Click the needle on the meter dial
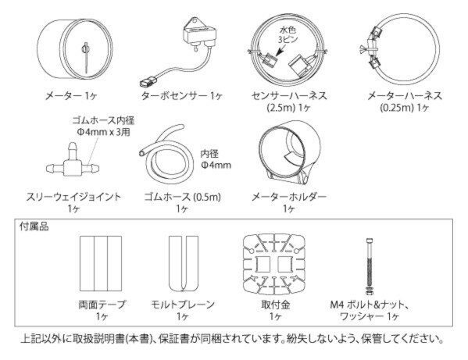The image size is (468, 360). click(x=86, y=57)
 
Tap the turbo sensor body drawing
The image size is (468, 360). click(x=198, y=34)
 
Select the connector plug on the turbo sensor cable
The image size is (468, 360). click(x=149, y=81)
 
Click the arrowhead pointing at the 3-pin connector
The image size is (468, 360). click(x=278, y=53)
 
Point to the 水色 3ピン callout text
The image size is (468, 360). click(x=288, y=34)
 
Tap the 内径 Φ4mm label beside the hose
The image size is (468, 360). click(x=216, y=159)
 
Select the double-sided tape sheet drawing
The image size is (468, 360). click(x=101, y=263)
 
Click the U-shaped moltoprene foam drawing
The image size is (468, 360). click(x=184, y=264)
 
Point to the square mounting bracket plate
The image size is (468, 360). click(x=274, y=264)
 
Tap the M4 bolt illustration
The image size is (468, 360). click(x=370, y=266)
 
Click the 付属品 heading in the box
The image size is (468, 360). click(x=34, y=226)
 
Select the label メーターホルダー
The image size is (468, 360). click(x=289, y=197)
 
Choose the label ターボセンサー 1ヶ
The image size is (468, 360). click(x=181, y=96)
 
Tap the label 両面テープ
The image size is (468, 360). click(x=102, y=305)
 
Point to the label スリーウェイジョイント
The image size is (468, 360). click(x=73, y=197)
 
